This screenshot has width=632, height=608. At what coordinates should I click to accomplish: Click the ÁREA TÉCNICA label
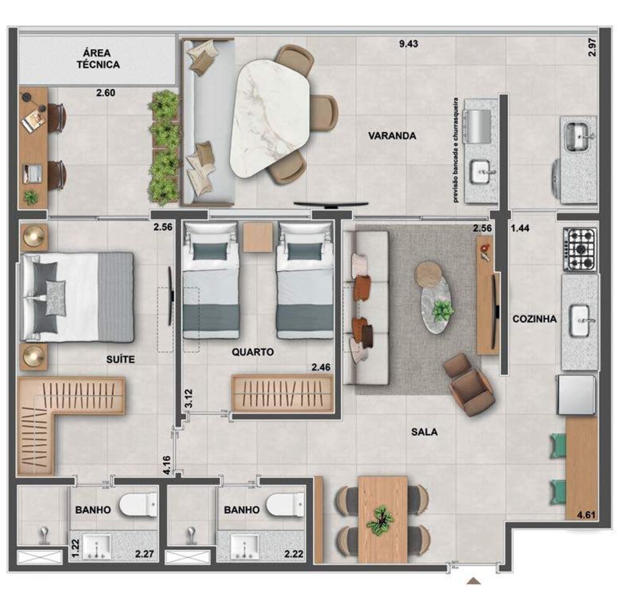(x=98, y=58)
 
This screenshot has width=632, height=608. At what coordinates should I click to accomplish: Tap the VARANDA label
(x=392, y=135)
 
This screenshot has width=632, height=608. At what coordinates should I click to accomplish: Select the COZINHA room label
(x=535, y=319)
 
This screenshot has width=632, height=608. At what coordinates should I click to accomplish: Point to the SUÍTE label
(x=120, y=359)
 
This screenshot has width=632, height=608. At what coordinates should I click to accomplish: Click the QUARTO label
(x=252, y=353)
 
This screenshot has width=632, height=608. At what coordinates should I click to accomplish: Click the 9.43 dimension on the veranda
(x=409, y=44)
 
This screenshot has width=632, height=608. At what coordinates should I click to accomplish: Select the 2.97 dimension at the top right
(x=592, y=47)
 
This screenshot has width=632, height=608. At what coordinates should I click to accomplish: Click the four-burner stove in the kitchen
(x=580, y=249)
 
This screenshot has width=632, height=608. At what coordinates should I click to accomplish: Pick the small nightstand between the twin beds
(x=258, y=237)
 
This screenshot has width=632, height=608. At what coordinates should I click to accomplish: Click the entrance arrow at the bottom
(x=474, y=581)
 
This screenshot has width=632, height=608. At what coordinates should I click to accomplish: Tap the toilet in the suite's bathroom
(x=139, y=504)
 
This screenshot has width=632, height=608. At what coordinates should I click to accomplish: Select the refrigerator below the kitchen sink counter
(x=576, y=394)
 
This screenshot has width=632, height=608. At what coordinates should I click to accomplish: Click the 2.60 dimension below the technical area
(x=106, y=93)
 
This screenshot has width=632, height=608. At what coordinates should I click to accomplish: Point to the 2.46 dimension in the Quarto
(x=322, y=365)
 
